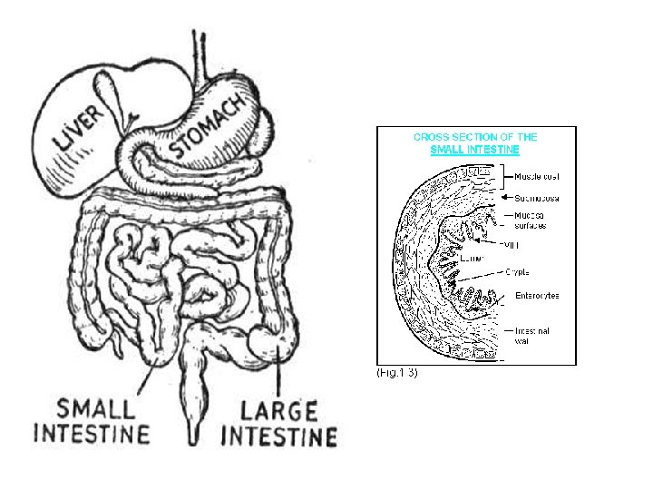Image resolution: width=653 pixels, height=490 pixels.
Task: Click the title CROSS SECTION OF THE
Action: click(x=475, y=137)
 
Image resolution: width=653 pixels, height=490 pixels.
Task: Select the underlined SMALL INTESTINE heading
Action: click(x=475, y=149)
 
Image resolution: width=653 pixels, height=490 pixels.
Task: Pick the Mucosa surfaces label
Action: click(x=531, y=220)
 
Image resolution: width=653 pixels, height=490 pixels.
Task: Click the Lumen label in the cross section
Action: click(x=472, y=259)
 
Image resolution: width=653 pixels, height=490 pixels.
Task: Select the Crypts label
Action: click(x=517, y=271)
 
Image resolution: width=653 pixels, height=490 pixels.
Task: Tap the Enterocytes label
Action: click(x=537, y=295)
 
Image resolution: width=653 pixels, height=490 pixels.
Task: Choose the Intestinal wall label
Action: click(x=533, y=336)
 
